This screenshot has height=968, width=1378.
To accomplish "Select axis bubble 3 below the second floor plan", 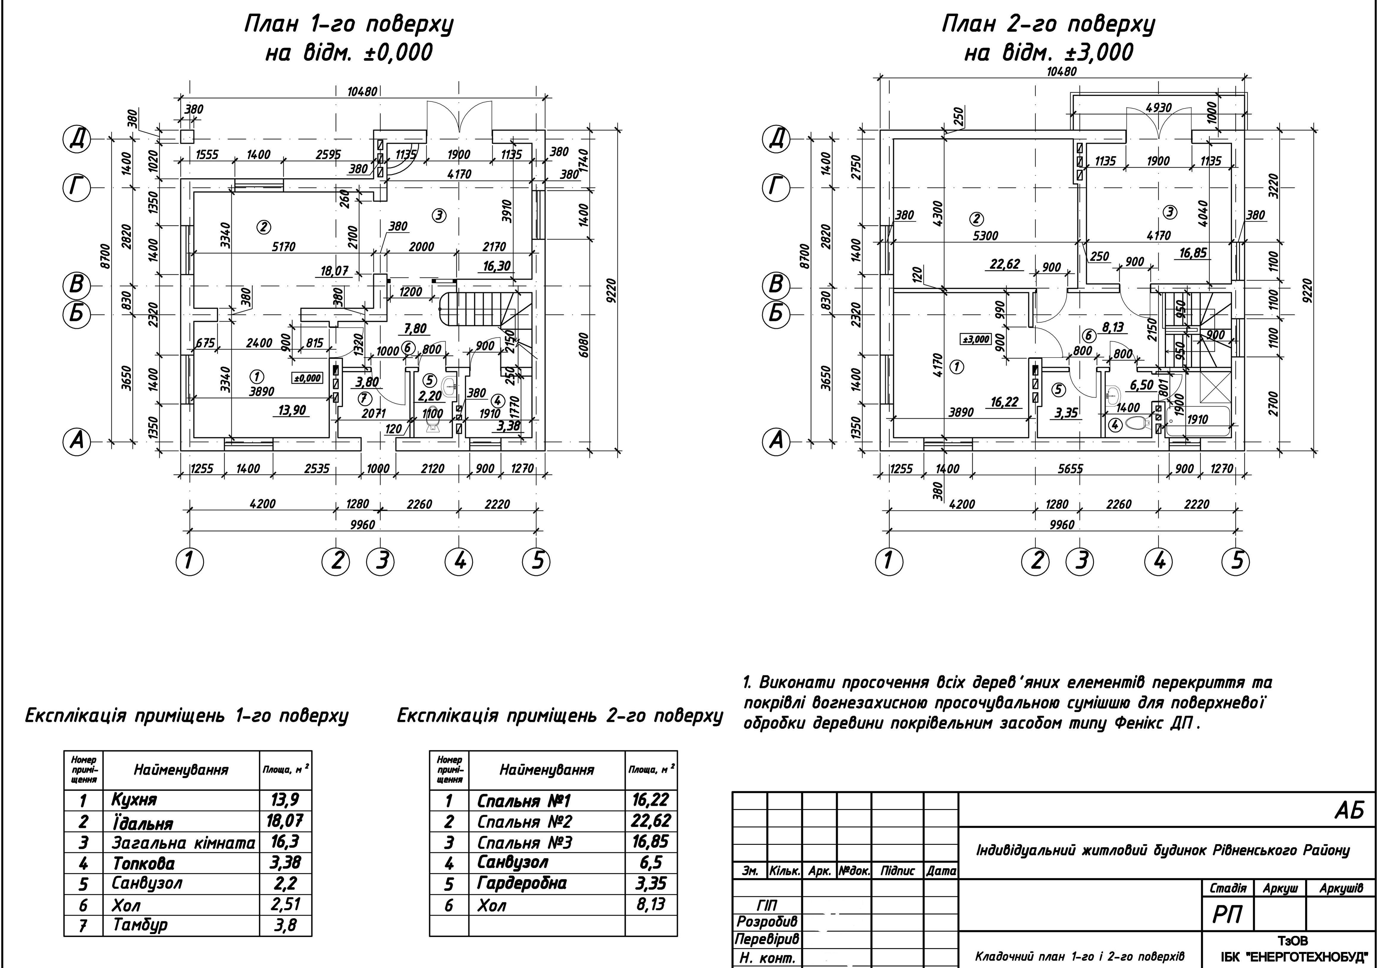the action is tap(1080, 561).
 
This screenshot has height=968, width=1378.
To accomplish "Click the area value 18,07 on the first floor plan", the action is tap(334, 271).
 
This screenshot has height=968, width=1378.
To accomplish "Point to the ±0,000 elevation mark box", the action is tap(307, 378).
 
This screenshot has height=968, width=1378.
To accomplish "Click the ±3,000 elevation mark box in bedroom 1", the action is tap(976, 339).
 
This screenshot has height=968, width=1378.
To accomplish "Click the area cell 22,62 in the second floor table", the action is tap(650, 820).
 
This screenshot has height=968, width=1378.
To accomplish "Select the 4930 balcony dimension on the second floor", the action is tap(1158, 108).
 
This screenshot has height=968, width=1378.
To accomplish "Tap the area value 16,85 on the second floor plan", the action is tap(1192, 253).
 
